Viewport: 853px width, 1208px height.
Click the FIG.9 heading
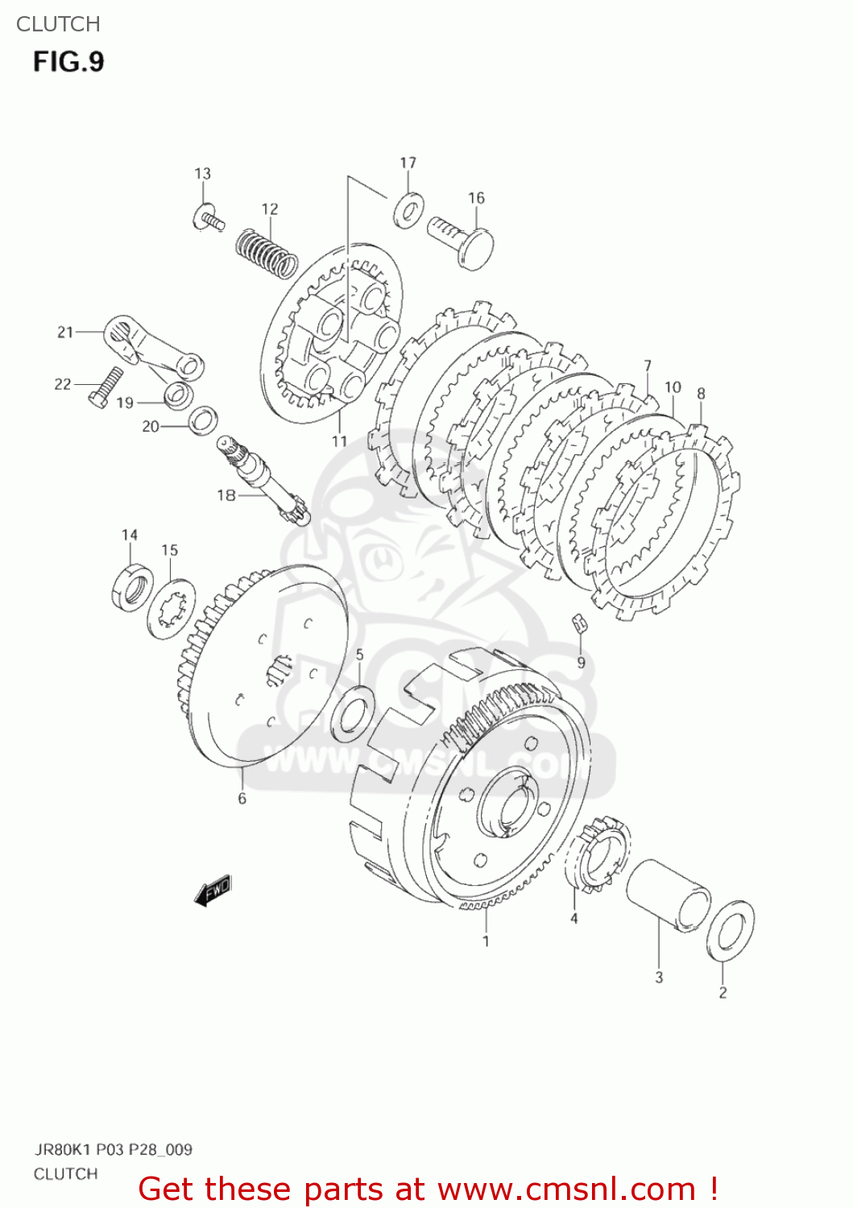coord(68,62)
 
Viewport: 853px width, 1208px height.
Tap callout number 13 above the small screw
coord(202,174)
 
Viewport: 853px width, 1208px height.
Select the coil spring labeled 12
coord(266,251)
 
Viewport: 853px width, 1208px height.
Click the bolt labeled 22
coord(105,387)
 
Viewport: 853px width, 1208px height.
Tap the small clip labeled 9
coord(578,623)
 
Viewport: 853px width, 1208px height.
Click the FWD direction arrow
coord(213,890)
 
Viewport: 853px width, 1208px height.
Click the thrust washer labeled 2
coord(731,931)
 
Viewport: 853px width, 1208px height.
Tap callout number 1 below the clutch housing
coord(486,941)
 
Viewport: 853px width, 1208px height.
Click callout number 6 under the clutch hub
coord(242,799)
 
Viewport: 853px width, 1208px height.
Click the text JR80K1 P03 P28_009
coord(113,1149)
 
